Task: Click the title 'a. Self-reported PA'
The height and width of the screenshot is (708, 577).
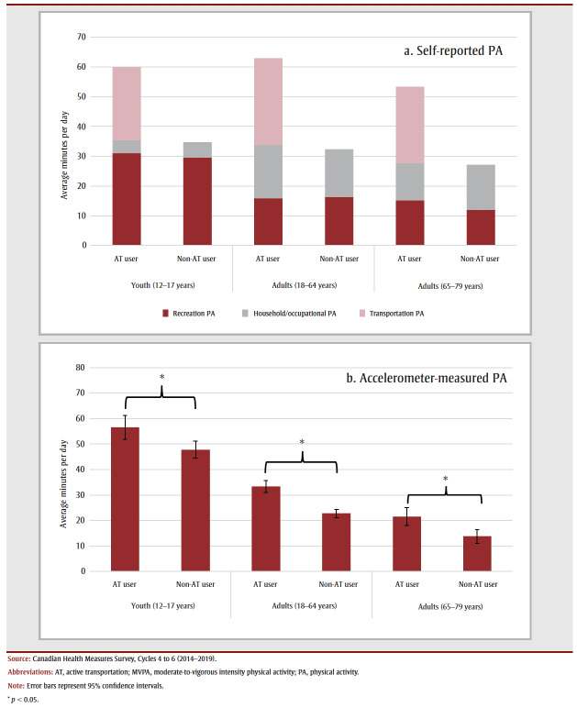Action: [453, 51]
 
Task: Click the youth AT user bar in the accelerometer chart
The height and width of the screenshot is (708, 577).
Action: [126, 500]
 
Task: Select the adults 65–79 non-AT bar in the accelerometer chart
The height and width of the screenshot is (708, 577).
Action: [477, 553]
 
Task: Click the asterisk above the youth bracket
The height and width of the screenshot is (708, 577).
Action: [162, 377]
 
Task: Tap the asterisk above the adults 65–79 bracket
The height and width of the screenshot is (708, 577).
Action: [445, 478]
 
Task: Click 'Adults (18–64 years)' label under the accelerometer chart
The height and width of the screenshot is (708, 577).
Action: [302, 605]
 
